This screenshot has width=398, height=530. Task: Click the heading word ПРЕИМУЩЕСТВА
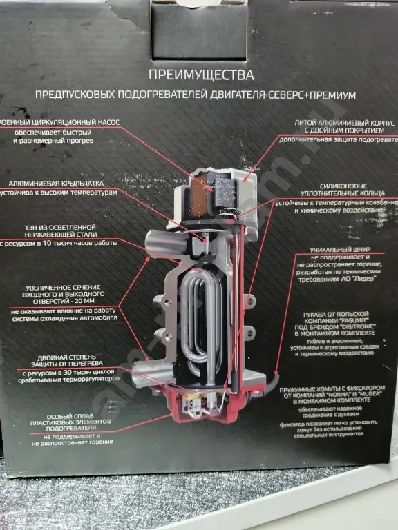tap(200, 74)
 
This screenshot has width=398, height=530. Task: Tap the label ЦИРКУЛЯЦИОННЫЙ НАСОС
tap(66, 122)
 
